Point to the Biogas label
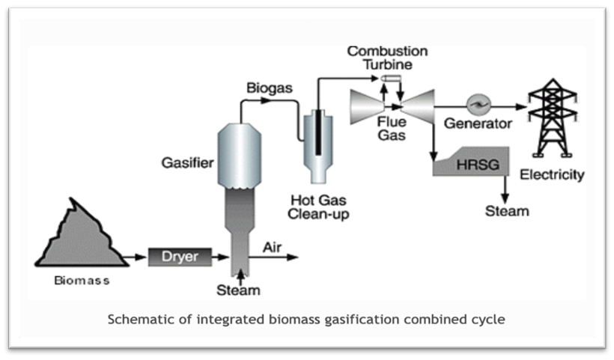270,88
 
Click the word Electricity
553,175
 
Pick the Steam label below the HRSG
507,211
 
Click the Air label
271,246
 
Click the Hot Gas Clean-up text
320,207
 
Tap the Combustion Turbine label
388,58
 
